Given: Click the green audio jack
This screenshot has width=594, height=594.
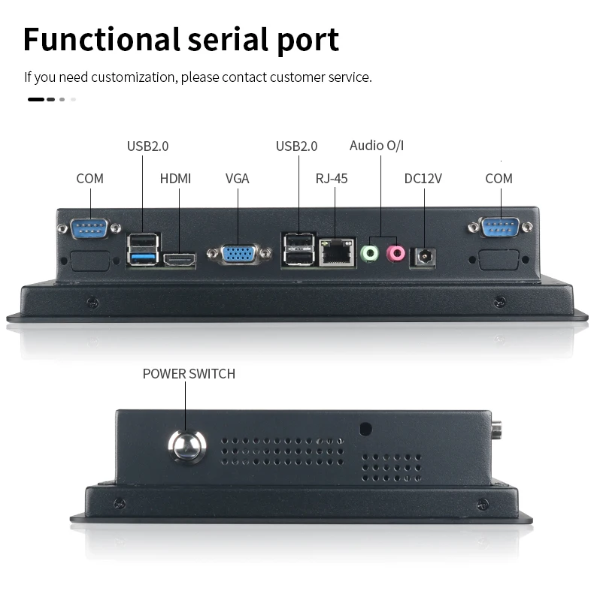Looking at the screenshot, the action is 369,254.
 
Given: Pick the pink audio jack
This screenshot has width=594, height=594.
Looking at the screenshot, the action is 395,254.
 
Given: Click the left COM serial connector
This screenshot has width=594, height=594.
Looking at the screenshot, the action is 89,227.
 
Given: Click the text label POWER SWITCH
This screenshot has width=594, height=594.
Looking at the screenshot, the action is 189,374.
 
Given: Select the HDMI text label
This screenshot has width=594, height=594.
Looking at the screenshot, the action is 175,179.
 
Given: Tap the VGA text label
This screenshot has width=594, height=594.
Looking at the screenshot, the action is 237,179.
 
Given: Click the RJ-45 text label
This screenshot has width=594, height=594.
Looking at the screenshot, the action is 331,179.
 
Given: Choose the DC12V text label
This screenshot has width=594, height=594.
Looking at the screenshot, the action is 423,179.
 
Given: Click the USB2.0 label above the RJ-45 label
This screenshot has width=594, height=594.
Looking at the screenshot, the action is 296,146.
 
